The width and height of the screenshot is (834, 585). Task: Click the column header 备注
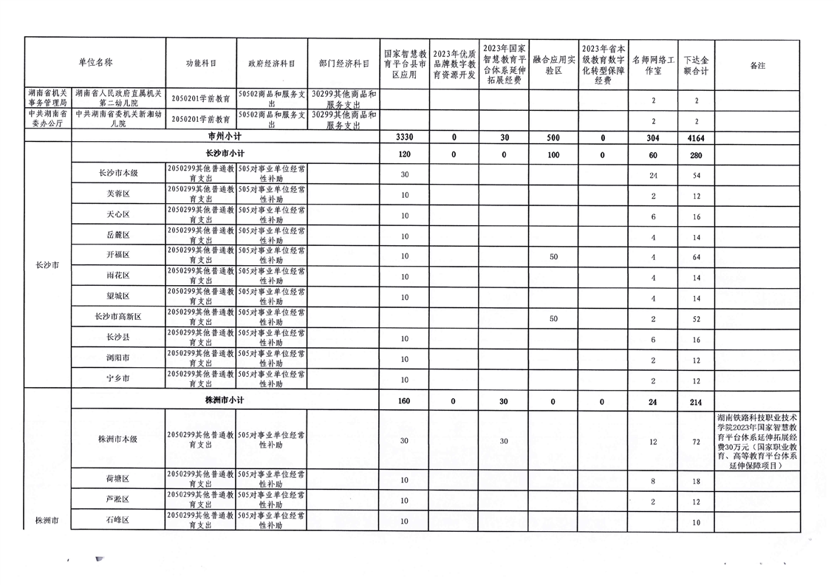coord(757,65)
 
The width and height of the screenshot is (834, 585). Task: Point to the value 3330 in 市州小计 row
coord(404,137)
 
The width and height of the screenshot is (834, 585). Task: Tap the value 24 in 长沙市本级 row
coord(654,175)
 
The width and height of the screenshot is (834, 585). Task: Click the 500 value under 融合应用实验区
coord(553,137)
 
